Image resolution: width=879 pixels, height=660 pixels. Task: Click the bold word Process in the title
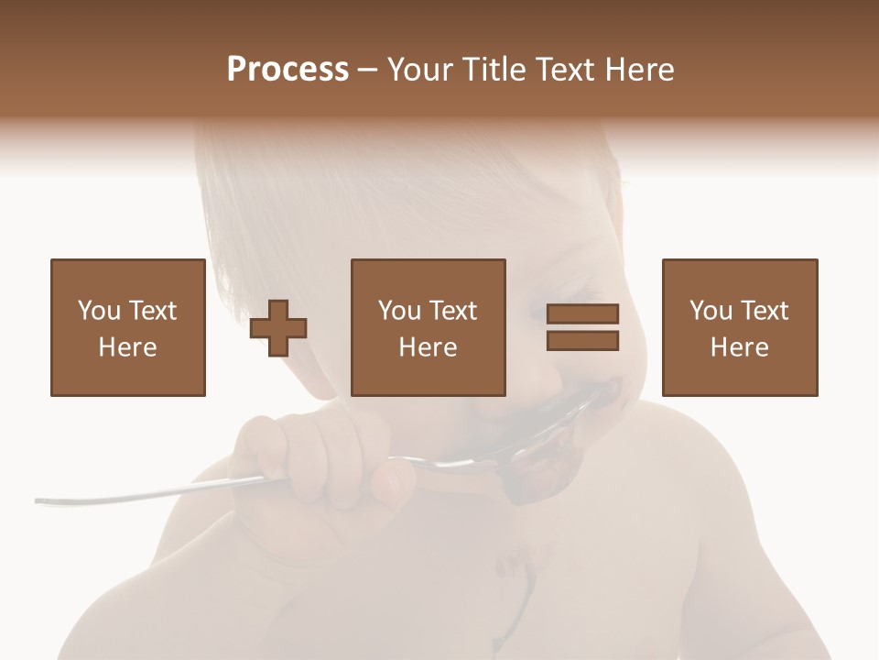[288, 69]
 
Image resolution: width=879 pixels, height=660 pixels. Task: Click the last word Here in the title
[641, 70]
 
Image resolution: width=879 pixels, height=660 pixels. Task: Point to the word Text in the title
[565, 70]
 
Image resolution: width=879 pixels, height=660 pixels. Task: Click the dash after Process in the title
[368, 71]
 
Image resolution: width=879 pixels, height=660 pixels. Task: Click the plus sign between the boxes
[278, 327]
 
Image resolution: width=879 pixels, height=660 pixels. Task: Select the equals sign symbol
[582, 327]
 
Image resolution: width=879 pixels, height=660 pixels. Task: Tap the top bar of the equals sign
[582, 313]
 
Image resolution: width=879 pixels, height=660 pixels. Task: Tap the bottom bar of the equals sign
[582, 341]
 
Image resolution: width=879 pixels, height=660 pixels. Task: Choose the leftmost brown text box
[127, 327]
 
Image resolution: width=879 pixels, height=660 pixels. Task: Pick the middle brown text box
[428, 327]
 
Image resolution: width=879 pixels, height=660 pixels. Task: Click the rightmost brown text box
[739, 327]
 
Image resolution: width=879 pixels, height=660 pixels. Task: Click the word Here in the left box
[127, 347]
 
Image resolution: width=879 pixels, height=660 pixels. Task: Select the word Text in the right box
[765, 311]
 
